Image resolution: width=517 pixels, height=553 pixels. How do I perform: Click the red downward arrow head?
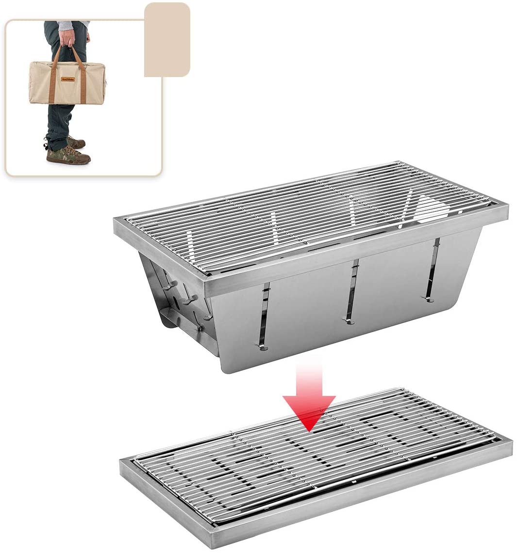coord(309,412)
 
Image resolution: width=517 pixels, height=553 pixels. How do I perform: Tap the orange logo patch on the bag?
coord(67,79)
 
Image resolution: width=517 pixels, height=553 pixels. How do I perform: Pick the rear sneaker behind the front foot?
coord(75,142)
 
